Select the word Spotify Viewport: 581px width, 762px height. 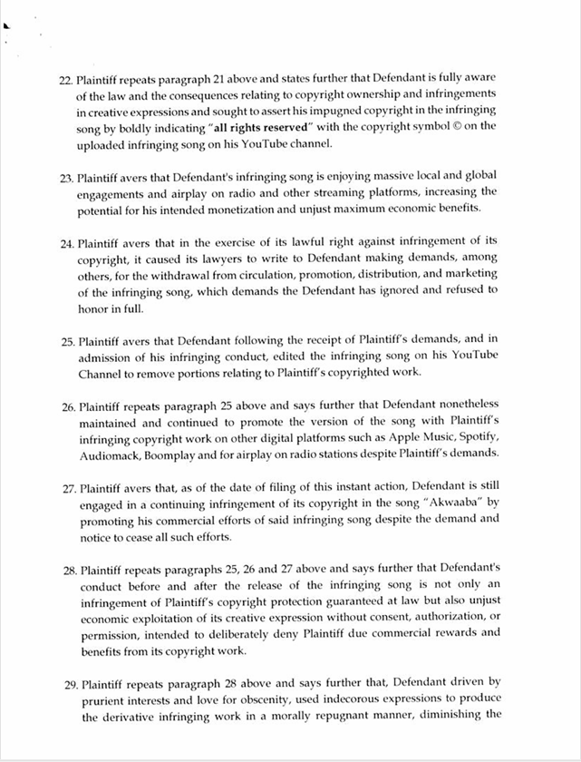coord(476,437)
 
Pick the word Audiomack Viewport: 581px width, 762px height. coord(106,454)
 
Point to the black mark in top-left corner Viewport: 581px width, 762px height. coord(6,25)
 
